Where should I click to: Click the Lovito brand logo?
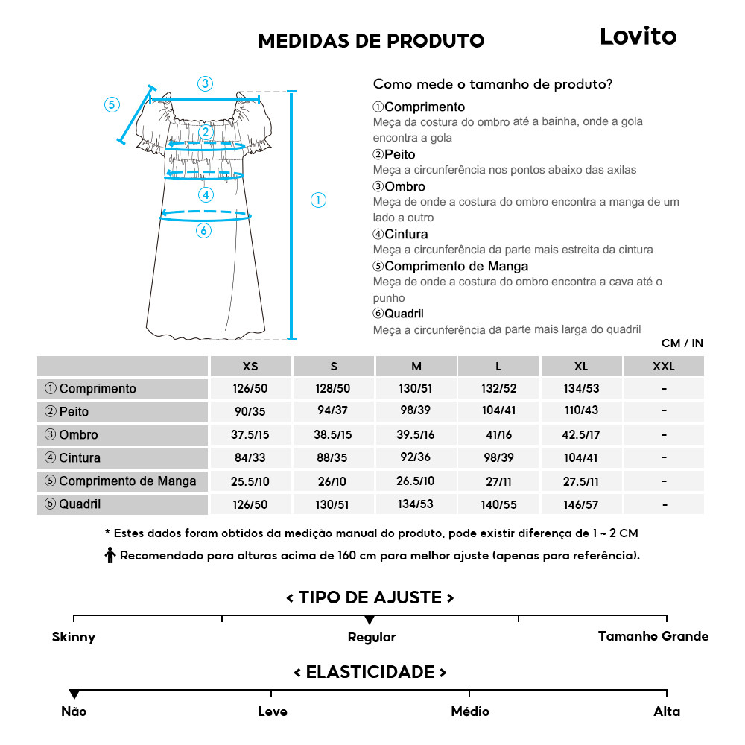(638, 37)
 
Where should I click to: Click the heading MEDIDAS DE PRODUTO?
(371, 40)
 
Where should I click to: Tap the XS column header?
(250, 367)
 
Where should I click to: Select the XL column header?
(581, 367)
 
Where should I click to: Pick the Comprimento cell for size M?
(416, 389)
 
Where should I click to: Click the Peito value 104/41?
(498, 412)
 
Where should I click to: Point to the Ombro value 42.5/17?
(581, 435)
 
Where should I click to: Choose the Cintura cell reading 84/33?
(250, 458)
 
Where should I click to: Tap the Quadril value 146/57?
(581, 504)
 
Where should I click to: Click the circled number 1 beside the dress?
(318, 200)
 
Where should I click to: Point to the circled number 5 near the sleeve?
(111, 104)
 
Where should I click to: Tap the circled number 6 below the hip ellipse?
(203, 231)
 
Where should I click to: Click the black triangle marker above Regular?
(370, 620)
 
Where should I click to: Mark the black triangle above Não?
(74, 694)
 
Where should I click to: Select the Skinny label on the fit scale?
(74, 637)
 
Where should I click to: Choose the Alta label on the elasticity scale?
(667, 711)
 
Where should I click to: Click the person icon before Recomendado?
(110, 556)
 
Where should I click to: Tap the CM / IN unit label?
(682, 343)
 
